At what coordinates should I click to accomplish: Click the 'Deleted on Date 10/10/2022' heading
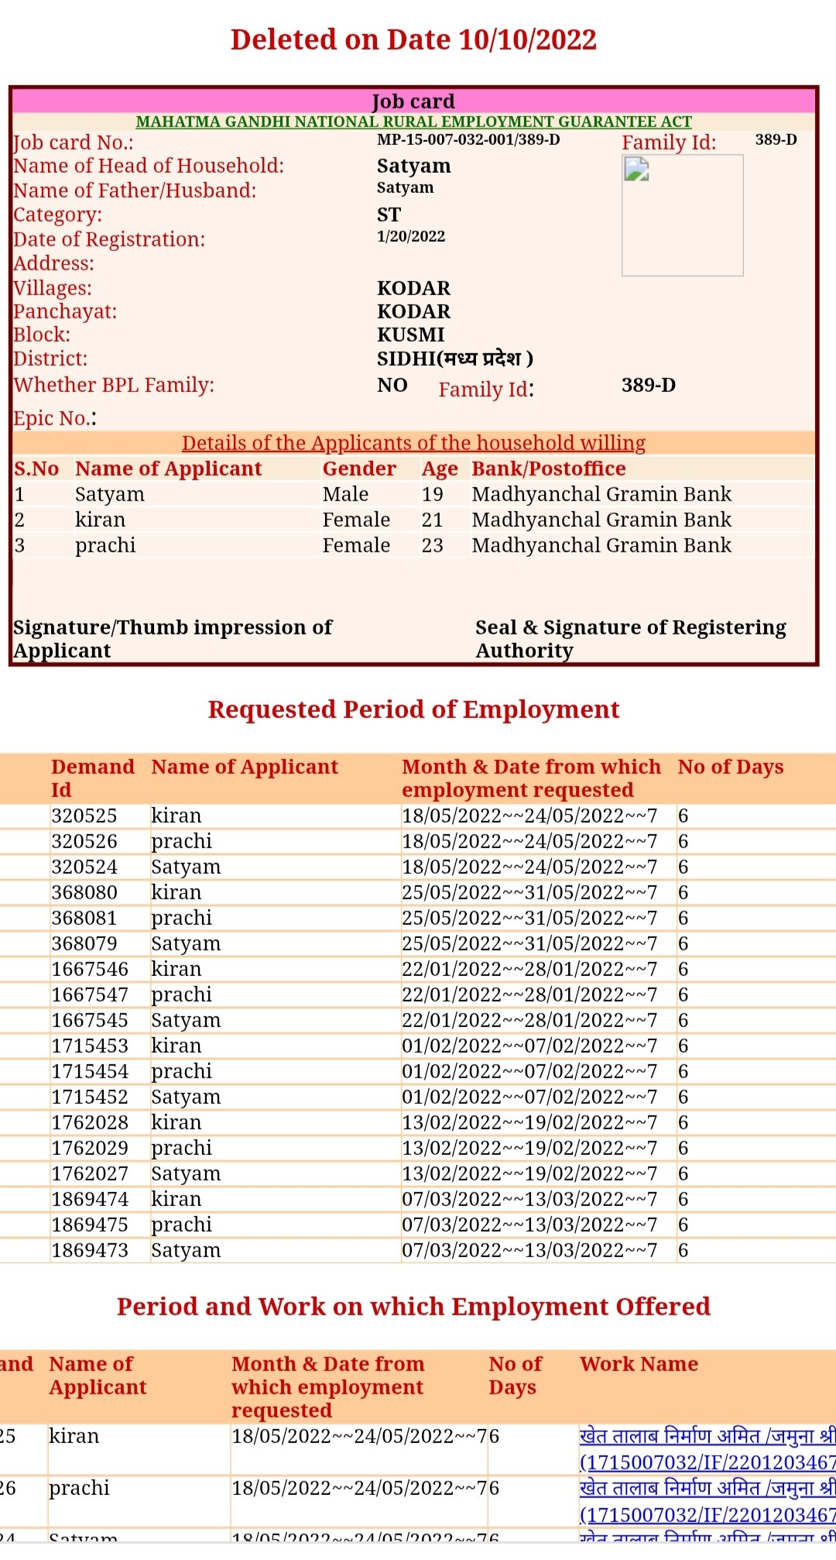(413, 40)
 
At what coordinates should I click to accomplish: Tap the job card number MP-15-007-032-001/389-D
(468, 140)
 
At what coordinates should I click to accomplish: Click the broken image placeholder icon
(636, 168)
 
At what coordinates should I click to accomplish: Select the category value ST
(389, 215)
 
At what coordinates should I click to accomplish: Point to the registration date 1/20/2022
(411, 237)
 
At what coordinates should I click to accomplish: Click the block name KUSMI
(410, 335)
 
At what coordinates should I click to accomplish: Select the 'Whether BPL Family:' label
(114, 385)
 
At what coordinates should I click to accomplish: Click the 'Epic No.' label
(54, 418)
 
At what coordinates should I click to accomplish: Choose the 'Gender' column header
(359, 469)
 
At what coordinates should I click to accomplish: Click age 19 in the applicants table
(432, 494)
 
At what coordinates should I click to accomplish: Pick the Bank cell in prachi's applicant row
(601, 545)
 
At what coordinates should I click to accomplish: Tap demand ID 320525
(84, 816)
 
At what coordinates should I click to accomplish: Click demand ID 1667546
(90, 969)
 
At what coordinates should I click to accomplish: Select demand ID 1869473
(90, 1250)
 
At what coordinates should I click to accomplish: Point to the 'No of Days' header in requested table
(731, 767)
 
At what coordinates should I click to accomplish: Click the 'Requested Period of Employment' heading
(413, 710)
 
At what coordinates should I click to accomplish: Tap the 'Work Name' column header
(639, 1364)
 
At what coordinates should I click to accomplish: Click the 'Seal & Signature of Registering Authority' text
(630, 638)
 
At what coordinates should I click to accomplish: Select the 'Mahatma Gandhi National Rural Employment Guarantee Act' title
(413, 122)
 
